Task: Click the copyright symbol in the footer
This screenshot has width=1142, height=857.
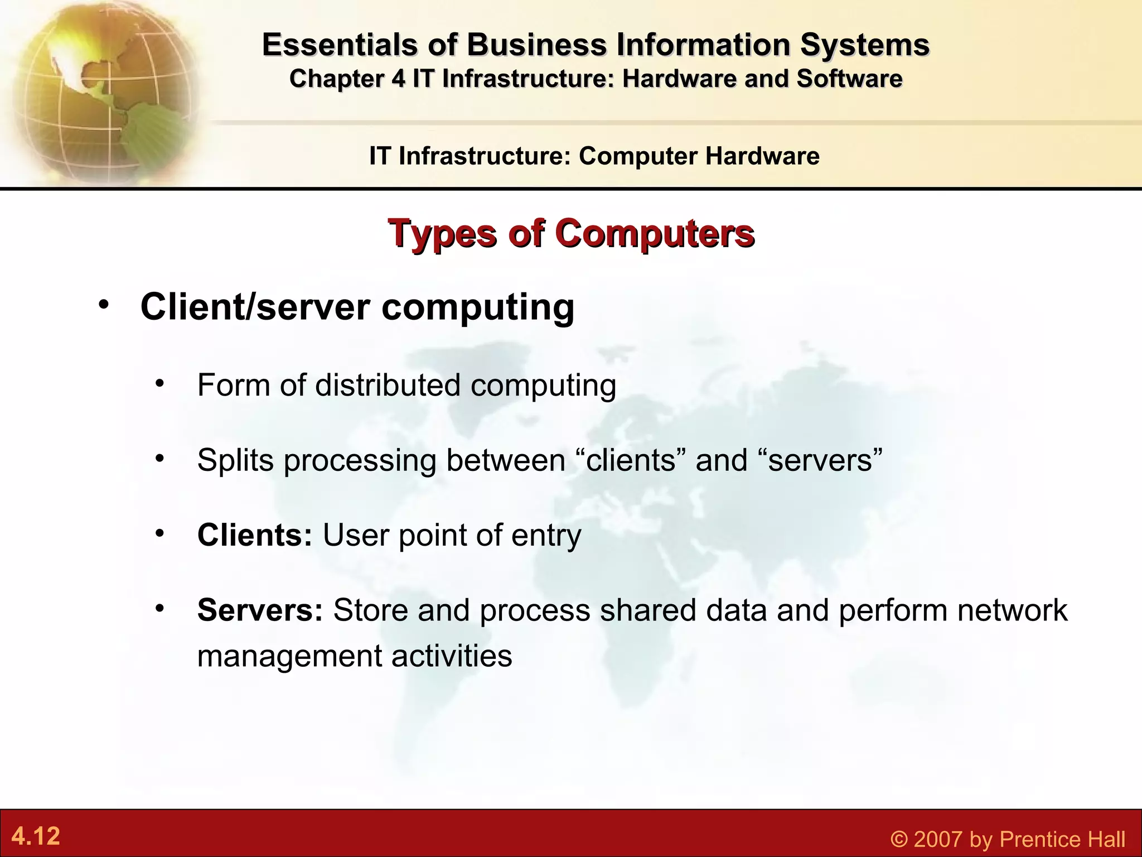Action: click(898, 839)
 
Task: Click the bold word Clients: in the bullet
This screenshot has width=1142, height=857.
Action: click(254, 535)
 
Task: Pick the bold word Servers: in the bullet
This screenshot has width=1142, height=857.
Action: click(260, 610)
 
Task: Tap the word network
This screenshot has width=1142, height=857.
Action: click(1012, 610)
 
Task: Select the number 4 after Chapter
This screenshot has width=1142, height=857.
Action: click(398, 79)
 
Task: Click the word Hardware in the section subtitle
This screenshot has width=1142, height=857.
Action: click(762, 156)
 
